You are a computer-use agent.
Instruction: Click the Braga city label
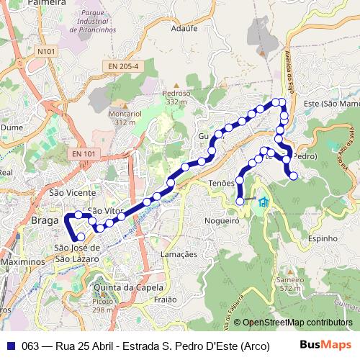click(x=45, y=221)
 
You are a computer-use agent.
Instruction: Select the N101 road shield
click(x=46, y=52)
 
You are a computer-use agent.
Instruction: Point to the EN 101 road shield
click(x=84, y=153)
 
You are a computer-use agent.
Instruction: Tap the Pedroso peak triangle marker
click(x=176, y=85)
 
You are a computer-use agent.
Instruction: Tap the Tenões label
click(x=221, y=184)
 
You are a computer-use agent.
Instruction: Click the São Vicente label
click(x=72, y=193)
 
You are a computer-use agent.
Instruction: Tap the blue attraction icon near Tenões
click(x=263, y=202)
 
